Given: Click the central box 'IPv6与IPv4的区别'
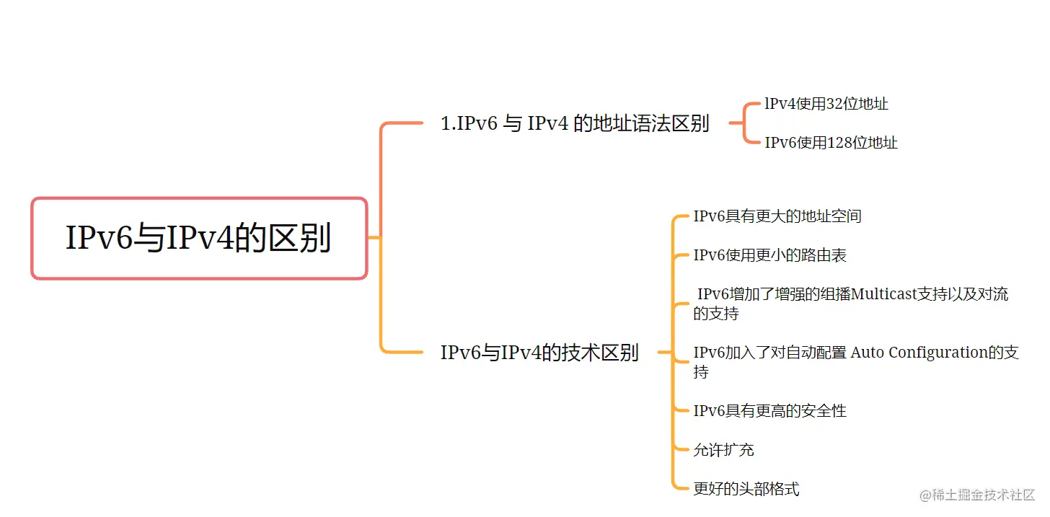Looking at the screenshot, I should [199, 238].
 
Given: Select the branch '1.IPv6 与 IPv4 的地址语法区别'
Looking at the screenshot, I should [575, 123].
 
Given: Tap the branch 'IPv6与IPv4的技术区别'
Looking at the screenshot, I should [539, 353].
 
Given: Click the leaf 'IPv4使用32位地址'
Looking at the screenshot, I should [826, 104].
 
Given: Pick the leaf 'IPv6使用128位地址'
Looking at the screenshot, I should [831, 143].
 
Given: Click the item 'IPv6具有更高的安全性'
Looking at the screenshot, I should [769, 411].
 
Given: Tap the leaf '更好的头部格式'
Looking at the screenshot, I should [746, 489].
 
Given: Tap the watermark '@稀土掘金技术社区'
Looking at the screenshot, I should [977, 495].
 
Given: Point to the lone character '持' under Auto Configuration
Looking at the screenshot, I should [701, 372].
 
